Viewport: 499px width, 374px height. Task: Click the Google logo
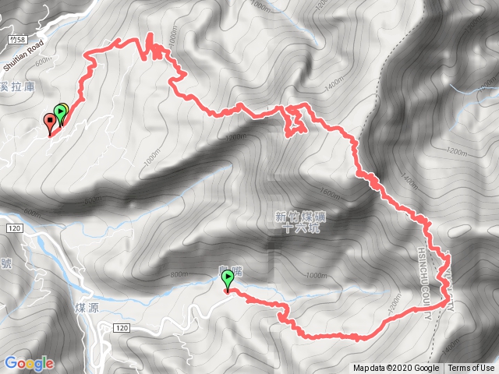click(29, 363)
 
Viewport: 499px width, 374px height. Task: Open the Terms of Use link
click(470, 369)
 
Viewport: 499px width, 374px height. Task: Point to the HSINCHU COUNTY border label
click(426, 284)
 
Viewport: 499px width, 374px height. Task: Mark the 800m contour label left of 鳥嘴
click(179, 274)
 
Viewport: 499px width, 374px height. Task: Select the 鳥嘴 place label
click(227, 269)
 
